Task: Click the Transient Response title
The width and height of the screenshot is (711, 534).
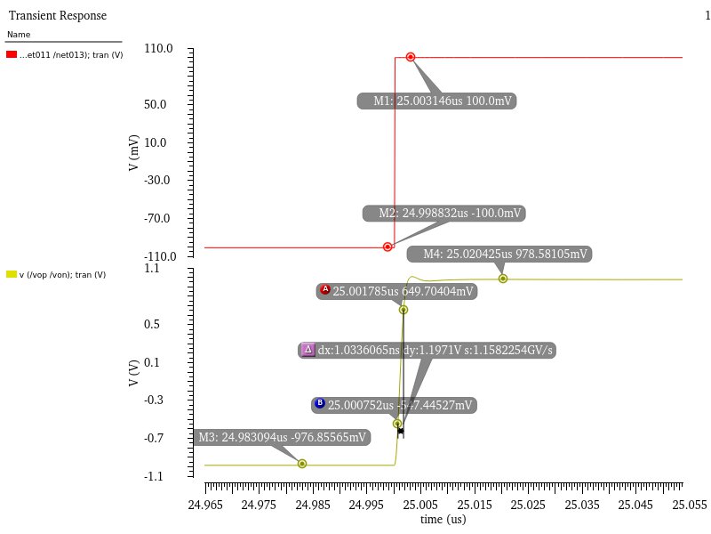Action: (x=57, y=16)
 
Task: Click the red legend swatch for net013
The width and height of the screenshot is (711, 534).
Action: (x=12, y=55)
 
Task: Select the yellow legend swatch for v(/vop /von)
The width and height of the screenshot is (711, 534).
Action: (x=12, y=274)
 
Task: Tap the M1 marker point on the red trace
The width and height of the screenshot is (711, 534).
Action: (x=411, y=57)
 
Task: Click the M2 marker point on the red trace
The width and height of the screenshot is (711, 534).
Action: (x=387, y=247)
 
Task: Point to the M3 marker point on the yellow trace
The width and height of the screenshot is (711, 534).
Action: (x=302, y=464)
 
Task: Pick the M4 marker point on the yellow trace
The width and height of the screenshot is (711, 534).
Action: (x=503, y=279)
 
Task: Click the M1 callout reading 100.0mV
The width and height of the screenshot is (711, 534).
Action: (x=437, y=101)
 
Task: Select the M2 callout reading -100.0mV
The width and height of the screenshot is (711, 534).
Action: (x=444, y=214)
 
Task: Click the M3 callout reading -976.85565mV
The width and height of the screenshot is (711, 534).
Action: (x=281, y=438)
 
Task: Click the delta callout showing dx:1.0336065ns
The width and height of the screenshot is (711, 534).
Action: (x=427, y=351)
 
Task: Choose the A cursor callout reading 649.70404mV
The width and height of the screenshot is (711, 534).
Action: (x=397, y=291)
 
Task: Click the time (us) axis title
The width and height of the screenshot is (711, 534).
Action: (x=443, y=519)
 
